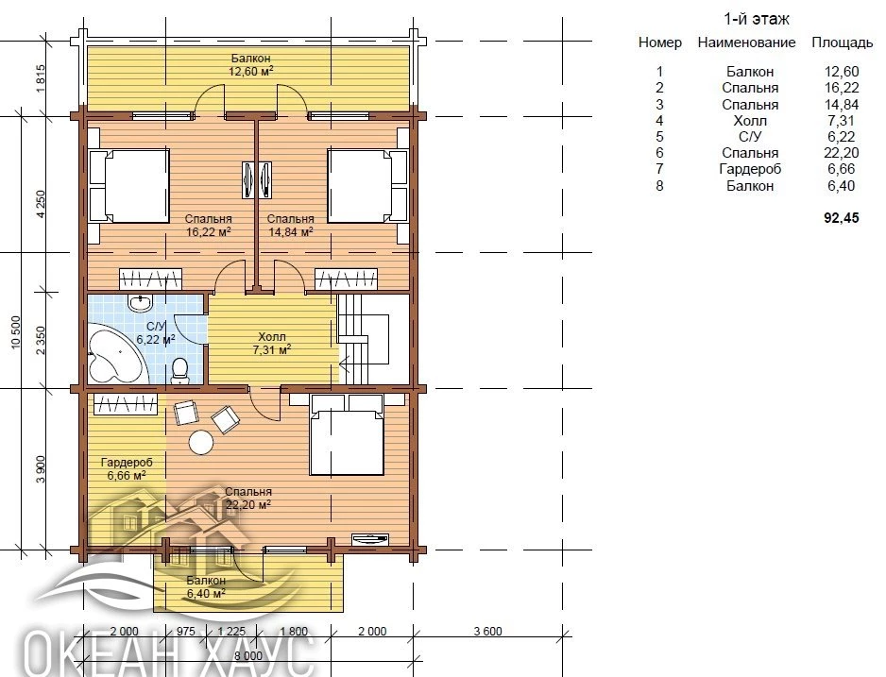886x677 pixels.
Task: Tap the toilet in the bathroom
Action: click(179, 371)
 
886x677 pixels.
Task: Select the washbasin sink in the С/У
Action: click(140, 303)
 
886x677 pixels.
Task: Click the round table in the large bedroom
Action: click(201, 442)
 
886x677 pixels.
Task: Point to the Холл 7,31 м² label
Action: click(272, 344)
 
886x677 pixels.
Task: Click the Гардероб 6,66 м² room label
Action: click(127, 468)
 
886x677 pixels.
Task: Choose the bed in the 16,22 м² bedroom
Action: click(129, 185)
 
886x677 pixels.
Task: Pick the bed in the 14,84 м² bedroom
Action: click(367, 185)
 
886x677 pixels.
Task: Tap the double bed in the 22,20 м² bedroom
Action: click(347, 434)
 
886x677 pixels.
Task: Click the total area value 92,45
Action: click(842, 218)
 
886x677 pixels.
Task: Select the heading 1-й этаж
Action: click(757, 19)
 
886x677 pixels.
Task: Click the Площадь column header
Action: click(843, 42)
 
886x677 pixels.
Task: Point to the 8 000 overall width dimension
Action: click(248, 655)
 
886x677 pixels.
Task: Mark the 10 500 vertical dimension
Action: click(15, 332)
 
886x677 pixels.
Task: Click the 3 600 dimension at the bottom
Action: click(487, 632)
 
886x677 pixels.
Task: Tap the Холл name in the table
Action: click(750, 121)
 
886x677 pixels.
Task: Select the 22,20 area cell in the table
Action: click(842, 153)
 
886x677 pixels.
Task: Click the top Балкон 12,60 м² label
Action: click(251, 64)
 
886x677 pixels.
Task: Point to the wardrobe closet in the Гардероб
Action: click(126, 404)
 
